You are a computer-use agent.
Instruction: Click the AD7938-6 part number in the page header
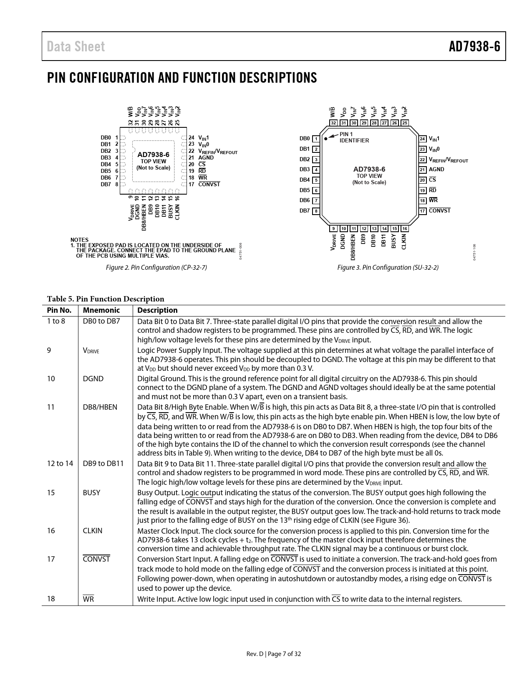click(474, 46)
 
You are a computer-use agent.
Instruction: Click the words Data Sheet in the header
click(76, 46)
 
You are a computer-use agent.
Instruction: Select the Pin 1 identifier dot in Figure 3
click(326, 138)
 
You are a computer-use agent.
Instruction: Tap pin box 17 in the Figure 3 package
click(423, 211)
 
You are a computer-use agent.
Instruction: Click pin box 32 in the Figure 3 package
click(333, 123)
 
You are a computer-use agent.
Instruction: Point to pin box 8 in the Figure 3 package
click(316, 211)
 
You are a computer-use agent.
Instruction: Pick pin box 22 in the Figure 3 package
click(423, 160)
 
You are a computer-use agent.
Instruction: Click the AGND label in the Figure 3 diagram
click(436, 170)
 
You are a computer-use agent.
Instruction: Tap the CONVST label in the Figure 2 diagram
click(209, 184)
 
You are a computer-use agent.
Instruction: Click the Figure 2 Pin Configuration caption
click(156, 267)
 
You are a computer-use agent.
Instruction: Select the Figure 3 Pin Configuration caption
click(388, 267)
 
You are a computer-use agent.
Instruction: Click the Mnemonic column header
click(101, 310)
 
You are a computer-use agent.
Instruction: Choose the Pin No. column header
click(59, 310)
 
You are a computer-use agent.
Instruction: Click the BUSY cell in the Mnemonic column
click(91, 493)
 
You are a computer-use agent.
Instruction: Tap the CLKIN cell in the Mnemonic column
click(93, 531)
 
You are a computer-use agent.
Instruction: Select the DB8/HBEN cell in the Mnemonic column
click(100, 407)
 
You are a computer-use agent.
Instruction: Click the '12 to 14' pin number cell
click(60, 464)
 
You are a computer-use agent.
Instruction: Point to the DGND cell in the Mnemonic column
click(93, 379)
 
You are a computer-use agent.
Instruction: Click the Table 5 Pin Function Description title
click(106, 299)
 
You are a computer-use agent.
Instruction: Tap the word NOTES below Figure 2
click(79, 240)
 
